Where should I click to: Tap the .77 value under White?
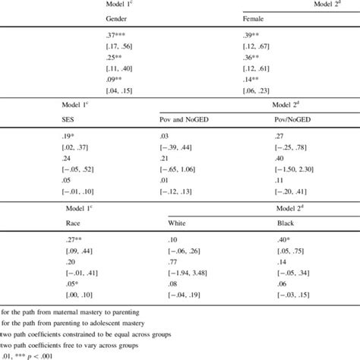164,259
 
